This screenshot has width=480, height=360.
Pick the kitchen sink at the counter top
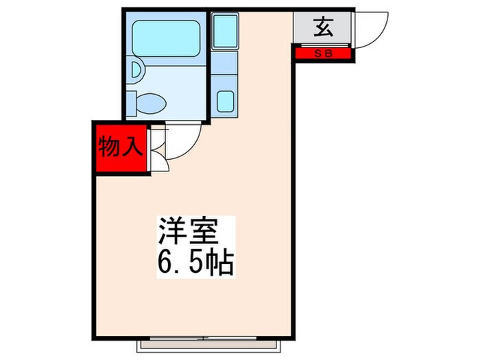[x=224, y=30]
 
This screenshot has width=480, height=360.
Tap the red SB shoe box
[x=323, y=53]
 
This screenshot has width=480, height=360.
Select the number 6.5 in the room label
[x=180, y=261]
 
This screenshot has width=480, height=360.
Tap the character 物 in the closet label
[x=108, y=147]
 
